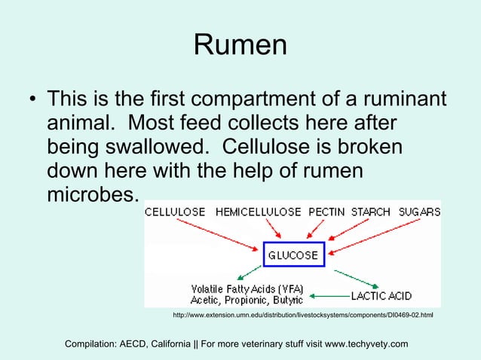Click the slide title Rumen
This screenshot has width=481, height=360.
click(240, 45)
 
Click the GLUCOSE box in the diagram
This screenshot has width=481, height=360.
click(293, 254)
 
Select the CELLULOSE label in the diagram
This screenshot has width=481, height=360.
click(175, 212)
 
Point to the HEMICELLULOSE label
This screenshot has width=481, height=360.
click(258, 212)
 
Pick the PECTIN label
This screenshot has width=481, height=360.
click(326, 212)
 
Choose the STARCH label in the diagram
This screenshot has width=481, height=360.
click(370, 212)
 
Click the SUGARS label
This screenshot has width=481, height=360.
click(419, 212)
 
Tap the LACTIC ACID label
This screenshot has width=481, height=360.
click(381, 294)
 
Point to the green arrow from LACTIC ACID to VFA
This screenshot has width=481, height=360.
click(328, 294)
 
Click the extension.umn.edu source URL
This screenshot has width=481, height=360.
click(303, 314)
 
